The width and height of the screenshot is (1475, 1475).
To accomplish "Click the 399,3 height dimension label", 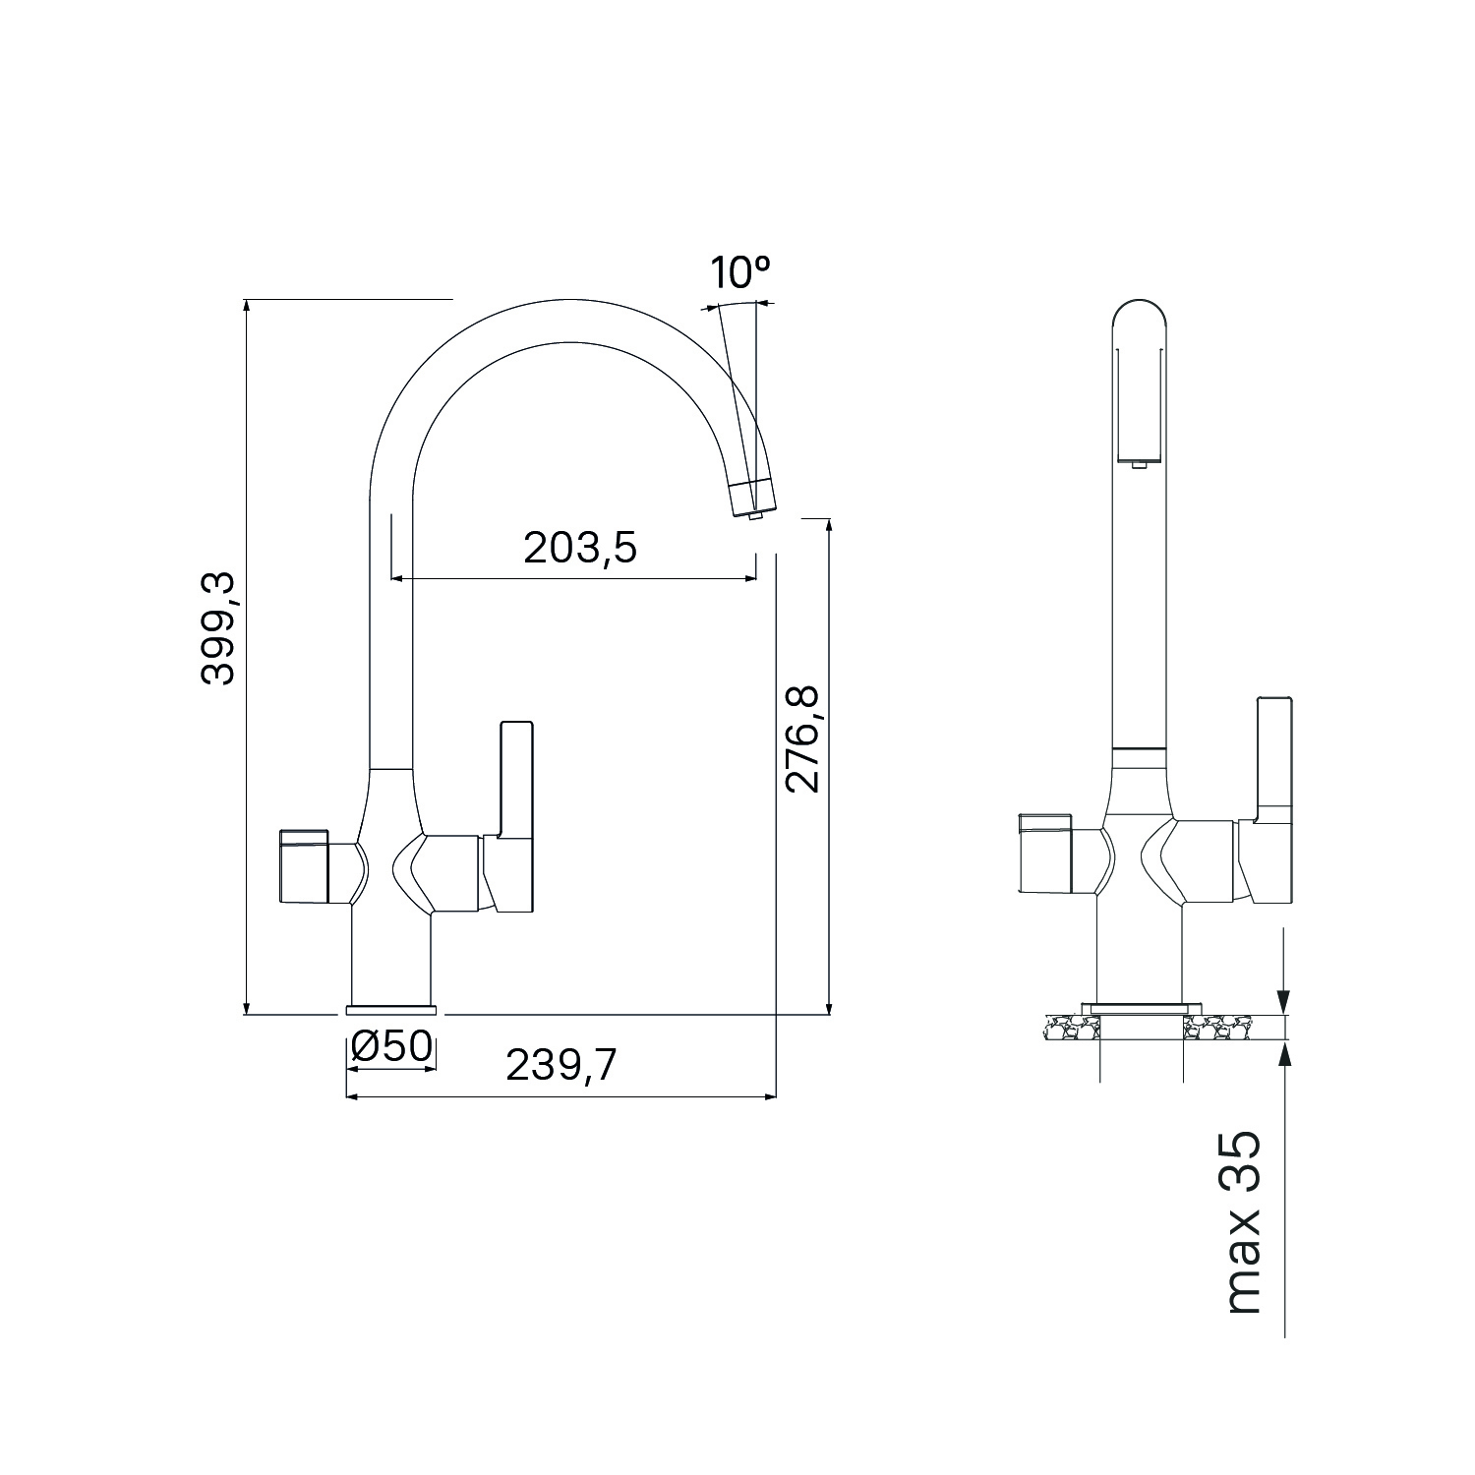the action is tap(217, 629).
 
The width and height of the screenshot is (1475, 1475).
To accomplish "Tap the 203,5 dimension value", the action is tap(580, 549).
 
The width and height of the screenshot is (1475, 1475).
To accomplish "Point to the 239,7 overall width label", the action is tap(561, 1065).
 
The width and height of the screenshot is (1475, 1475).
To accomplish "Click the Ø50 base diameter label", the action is tap(391, 1046).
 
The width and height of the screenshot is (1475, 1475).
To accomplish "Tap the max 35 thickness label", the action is tap(1242, 1222).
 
